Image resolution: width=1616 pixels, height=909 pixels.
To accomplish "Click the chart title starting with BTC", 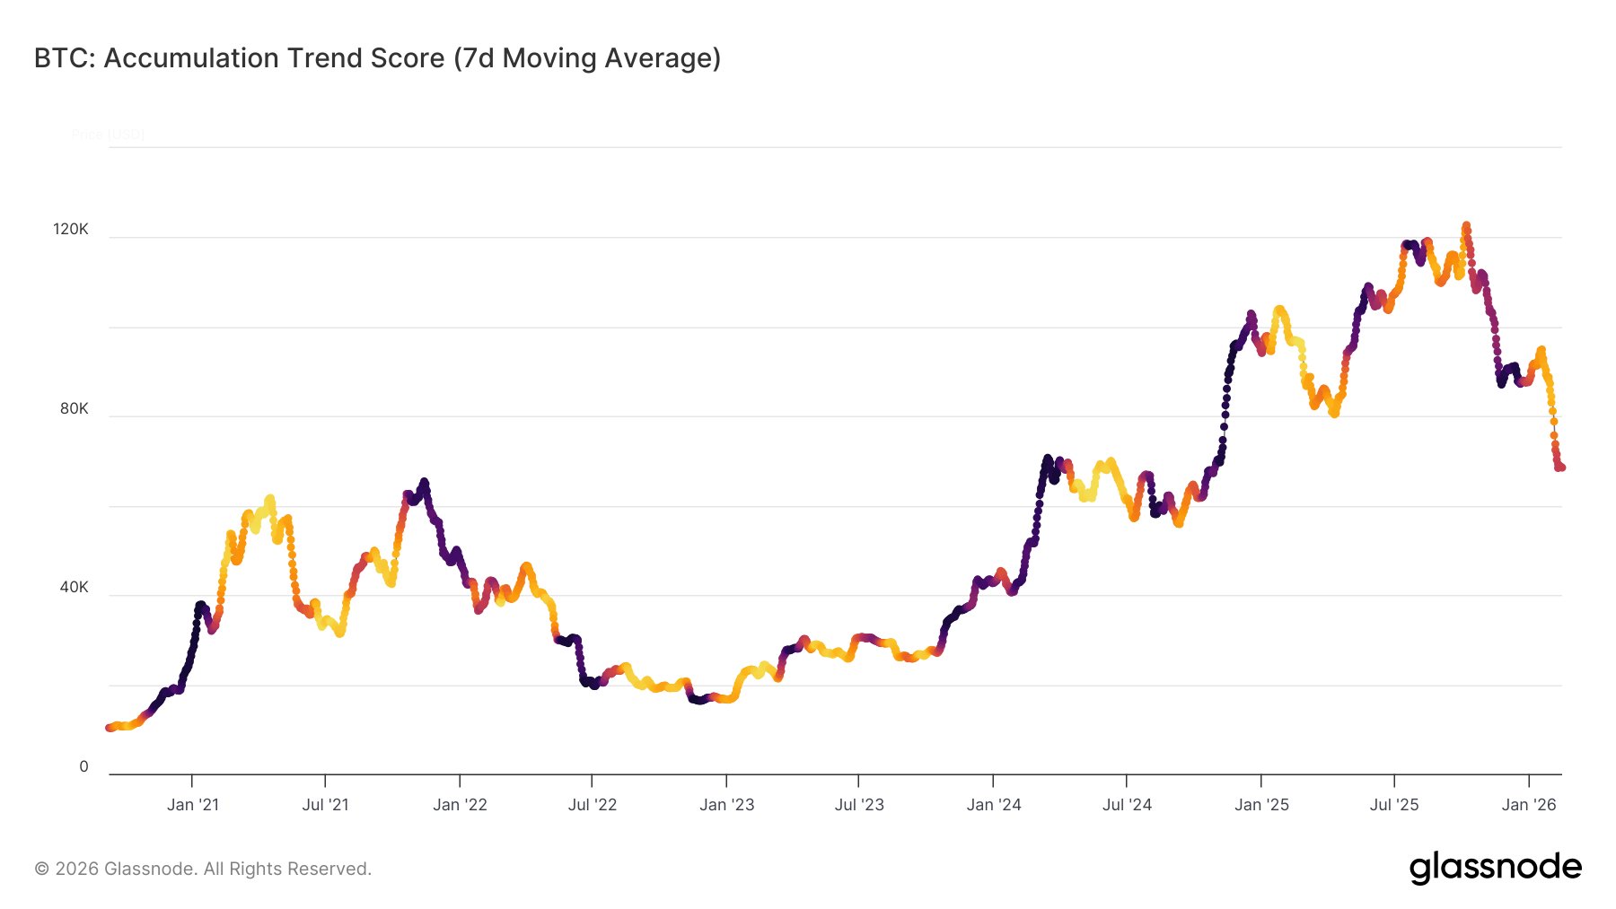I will tap(377, 58).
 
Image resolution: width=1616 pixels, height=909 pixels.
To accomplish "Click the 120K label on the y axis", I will tap(71, 230).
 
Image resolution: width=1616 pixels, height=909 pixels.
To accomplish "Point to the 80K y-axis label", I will tap(75, 409).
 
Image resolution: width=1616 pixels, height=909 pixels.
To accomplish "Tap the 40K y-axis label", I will tap(75, 588).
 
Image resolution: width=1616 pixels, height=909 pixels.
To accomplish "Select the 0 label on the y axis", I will tap(84, 767).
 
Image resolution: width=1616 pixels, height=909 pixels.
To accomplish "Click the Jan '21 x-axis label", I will tap(193, 805).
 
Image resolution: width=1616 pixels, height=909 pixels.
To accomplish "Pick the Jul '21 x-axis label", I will tap(325, 805).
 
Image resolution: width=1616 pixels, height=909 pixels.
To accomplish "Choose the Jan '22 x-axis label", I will tap(460, 805).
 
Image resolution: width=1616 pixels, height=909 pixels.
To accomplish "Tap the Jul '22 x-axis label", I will tap(593, 805).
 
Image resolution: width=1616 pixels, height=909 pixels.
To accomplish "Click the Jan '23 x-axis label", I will tap(727, 805).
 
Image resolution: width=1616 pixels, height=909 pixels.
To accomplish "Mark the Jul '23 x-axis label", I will tap(859, 805).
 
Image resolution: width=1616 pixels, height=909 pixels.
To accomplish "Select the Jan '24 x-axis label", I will tap(994, 805).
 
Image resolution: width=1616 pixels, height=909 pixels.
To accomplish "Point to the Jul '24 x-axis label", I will tap(1127, 805).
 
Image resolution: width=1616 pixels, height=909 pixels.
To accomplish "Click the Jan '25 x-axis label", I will tap(1261, 805).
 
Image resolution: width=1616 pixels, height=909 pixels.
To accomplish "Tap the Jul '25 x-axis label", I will tap(1394, 805).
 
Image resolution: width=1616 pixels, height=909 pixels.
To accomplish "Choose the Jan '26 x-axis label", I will tap(1529, 805).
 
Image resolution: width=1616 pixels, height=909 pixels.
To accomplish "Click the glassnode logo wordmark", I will tap(1495, 868).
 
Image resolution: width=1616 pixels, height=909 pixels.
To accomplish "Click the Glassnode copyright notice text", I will tap(203, 869).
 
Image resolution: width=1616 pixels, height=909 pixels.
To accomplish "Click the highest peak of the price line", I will tap(1466, 226).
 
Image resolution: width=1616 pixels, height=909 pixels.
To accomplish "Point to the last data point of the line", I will tap(1561, 468).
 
